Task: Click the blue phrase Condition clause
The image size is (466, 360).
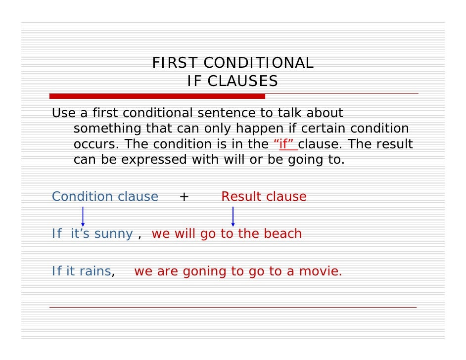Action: click(x=105, y=197)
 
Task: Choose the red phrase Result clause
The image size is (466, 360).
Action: click(x=264, y=197)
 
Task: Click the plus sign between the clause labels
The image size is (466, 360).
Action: click(x=184, y=197)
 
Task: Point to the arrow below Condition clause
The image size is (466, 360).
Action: click(x=83, y=216)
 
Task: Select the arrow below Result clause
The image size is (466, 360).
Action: click(x=233, y=216)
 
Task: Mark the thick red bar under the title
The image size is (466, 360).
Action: click(x=157, y=96)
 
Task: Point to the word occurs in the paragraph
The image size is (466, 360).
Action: click(x=96, y=144)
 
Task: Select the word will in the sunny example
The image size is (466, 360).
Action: click(x=185, y=234)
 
